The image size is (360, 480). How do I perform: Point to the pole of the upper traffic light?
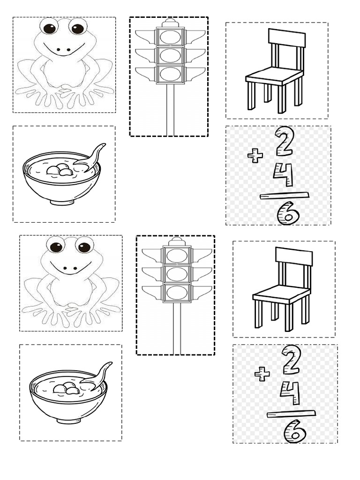click(170, 110)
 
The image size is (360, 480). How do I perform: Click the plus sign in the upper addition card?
click(255, 156)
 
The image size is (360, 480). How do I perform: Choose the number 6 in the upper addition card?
click(288, 214)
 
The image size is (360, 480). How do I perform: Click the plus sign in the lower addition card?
click(262, 374)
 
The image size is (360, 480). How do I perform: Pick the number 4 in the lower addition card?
click(290, 393)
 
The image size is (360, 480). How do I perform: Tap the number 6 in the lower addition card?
click(295, 432)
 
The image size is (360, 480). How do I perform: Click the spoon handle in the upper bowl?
click(97, 152)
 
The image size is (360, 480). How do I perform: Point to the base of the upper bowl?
click(62, 201)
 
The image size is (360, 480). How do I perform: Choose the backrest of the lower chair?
click(293, 256)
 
